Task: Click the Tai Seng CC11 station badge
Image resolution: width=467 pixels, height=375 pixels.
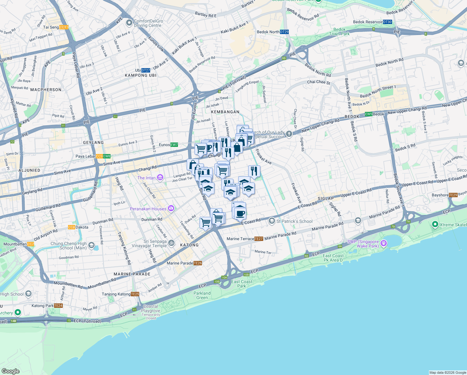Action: point(64,27)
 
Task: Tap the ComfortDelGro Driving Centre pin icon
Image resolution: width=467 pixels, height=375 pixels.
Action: point(129,23)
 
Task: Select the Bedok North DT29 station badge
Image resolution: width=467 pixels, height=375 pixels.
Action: point(284,32)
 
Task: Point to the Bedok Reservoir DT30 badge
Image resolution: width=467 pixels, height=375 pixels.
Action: point(387,22)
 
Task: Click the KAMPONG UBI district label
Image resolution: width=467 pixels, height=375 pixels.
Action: point(140,75)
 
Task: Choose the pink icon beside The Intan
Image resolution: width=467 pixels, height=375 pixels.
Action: point(160,178)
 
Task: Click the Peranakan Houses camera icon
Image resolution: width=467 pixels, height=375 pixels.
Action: point(171,208)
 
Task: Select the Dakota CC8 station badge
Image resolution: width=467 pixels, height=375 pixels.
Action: point(72,227)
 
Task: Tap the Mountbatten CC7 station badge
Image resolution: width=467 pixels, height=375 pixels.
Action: point(31,244)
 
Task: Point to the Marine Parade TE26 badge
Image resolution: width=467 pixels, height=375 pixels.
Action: point(198,263)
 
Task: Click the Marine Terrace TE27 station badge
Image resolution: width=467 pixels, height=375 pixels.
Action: point(258,239)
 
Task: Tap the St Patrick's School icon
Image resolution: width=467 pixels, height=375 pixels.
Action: point(272,221)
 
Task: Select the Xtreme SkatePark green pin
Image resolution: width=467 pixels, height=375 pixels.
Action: point(435,224)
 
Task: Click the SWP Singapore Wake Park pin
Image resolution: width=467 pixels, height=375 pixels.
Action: point(384,243)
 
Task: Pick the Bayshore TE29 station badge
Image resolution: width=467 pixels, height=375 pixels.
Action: point(453,195)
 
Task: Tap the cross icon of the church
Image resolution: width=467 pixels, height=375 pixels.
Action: point(289,134)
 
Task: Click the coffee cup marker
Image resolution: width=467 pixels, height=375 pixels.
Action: point(240,213)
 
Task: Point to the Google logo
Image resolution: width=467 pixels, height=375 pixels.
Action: point(11,371)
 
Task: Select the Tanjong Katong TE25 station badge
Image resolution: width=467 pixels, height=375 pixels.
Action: point(135,294)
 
